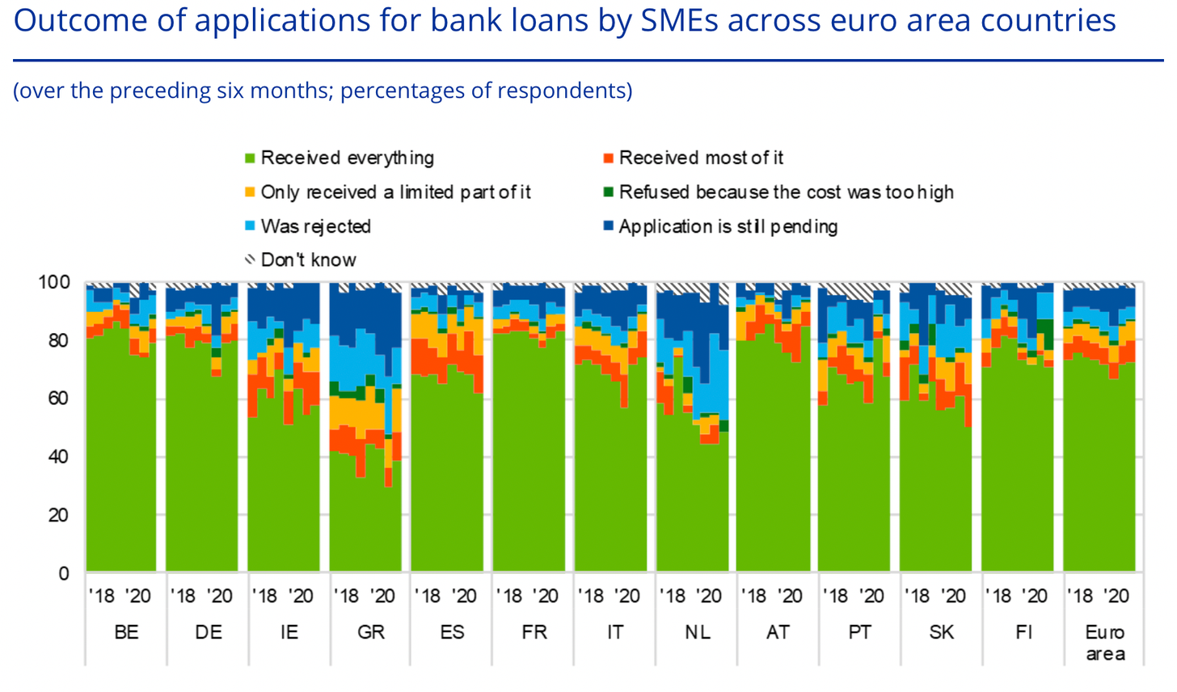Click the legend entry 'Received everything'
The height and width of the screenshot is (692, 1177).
(x=347, y=158)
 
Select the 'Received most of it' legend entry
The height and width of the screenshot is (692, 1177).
(x=701, y=158)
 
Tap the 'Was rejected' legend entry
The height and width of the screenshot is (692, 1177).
(x=315, y=226)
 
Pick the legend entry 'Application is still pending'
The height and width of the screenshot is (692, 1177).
(x=728, y=226)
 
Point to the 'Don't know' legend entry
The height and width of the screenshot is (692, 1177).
(x=308, y=260)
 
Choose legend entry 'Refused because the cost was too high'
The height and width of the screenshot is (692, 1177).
(x=786, y=192)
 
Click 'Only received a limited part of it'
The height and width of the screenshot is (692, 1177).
(x=395, y=192)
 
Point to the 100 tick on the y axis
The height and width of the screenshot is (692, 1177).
(x=54, y=282)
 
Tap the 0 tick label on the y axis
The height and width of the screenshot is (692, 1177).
(x=64, y=573)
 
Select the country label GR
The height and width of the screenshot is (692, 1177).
(x=371, y=632)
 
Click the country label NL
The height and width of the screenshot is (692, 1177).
(x=698, y=632)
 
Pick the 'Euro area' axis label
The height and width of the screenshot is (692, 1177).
(x=1105, y=643)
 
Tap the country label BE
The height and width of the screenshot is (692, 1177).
(x=126, y=632)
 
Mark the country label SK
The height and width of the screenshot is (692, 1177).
(x=942, y=632)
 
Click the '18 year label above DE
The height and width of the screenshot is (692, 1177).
(x=183, y=597)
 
